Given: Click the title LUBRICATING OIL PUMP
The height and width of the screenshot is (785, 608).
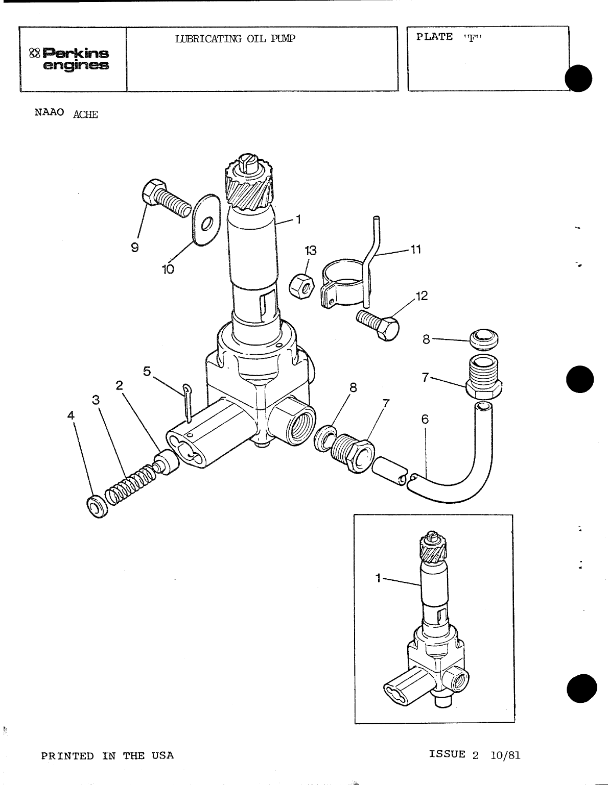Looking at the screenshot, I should (235, 39).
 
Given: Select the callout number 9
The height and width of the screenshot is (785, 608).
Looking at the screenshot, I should (134, 247).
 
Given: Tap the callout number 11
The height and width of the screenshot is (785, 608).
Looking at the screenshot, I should (416, 250).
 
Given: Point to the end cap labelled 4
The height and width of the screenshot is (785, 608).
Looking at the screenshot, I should (96, 506).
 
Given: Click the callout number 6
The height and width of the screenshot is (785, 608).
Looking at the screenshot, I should (425, 419).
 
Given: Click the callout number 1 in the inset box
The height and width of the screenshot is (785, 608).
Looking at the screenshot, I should (378, 578).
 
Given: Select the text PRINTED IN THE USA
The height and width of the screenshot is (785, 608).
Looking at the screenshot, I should (107, 755).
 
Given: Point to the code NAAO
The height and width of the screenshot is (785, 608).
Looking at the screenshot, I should (49, 112).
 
